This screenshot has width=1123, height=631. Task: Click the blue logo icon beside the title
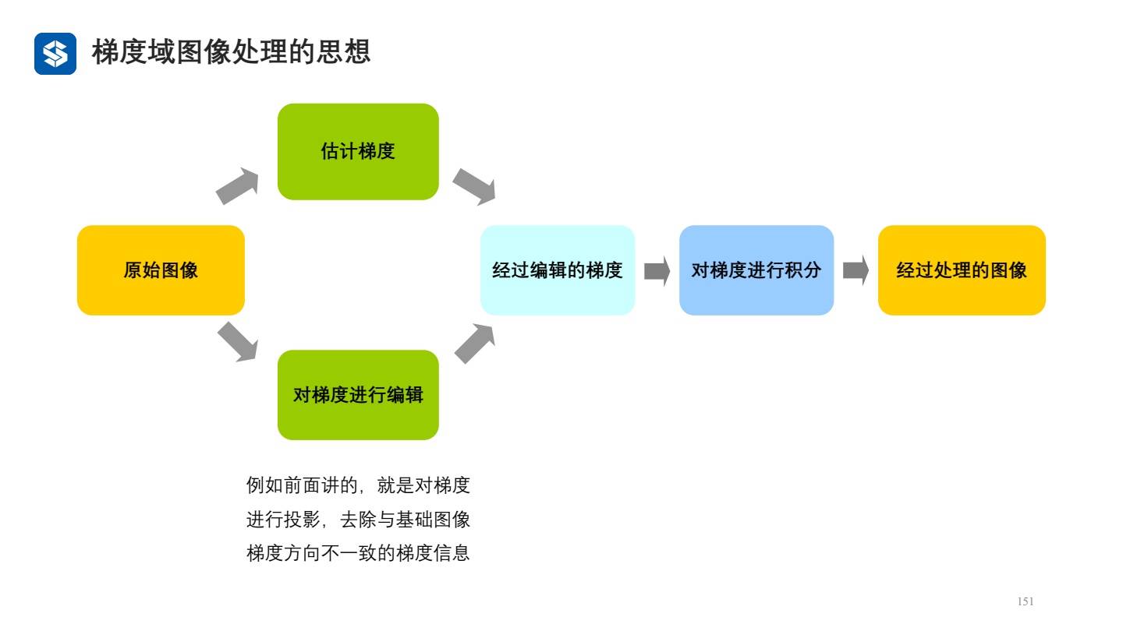coord(55,54)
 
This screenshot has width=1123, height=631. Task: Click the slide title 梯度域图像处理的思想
coord(231,52)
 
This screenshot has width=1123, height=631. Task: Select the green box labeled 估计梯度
coord(358,151)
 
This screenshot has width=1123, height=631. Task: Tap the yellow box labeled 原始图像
coord(161,270)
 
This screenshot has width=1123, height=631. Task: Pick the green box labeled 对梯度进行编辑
coord(358,395)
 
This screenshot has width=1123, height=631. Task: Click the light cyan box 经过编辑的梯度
coord(557,270)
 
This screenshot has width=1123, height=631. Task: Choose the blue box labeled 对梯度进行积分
coord(756,270)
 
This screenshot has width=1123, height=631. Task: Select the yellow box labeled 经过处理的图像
coord(961,270)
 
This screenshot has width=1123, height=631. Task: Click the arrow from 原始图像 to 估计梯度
coord(237,186)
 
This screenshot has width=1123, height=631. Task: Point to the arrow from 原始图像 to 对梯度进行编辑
coord(237,342)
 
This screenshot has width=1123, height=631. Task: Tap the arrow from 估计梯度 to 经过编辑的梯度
coord(474,186)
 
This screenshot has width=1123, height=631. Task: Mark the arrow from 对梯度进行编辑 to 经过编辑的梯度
coord(474,344)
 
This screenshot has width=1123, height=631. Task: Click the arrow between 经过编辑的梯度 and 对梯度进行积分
coord(657,271)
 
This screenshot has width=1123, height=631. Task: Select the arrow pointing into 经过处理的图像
coord(856,271)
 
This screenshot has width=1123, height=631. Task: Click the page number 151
coord(1026,601)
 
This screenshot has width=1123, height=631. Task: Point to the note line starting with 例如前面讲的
coord(358,486)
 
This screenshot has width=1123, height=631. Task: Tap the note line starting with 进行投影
coord(358,520)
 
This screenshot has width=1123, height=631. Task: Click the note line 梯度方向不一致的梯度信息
coord(358,554)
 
